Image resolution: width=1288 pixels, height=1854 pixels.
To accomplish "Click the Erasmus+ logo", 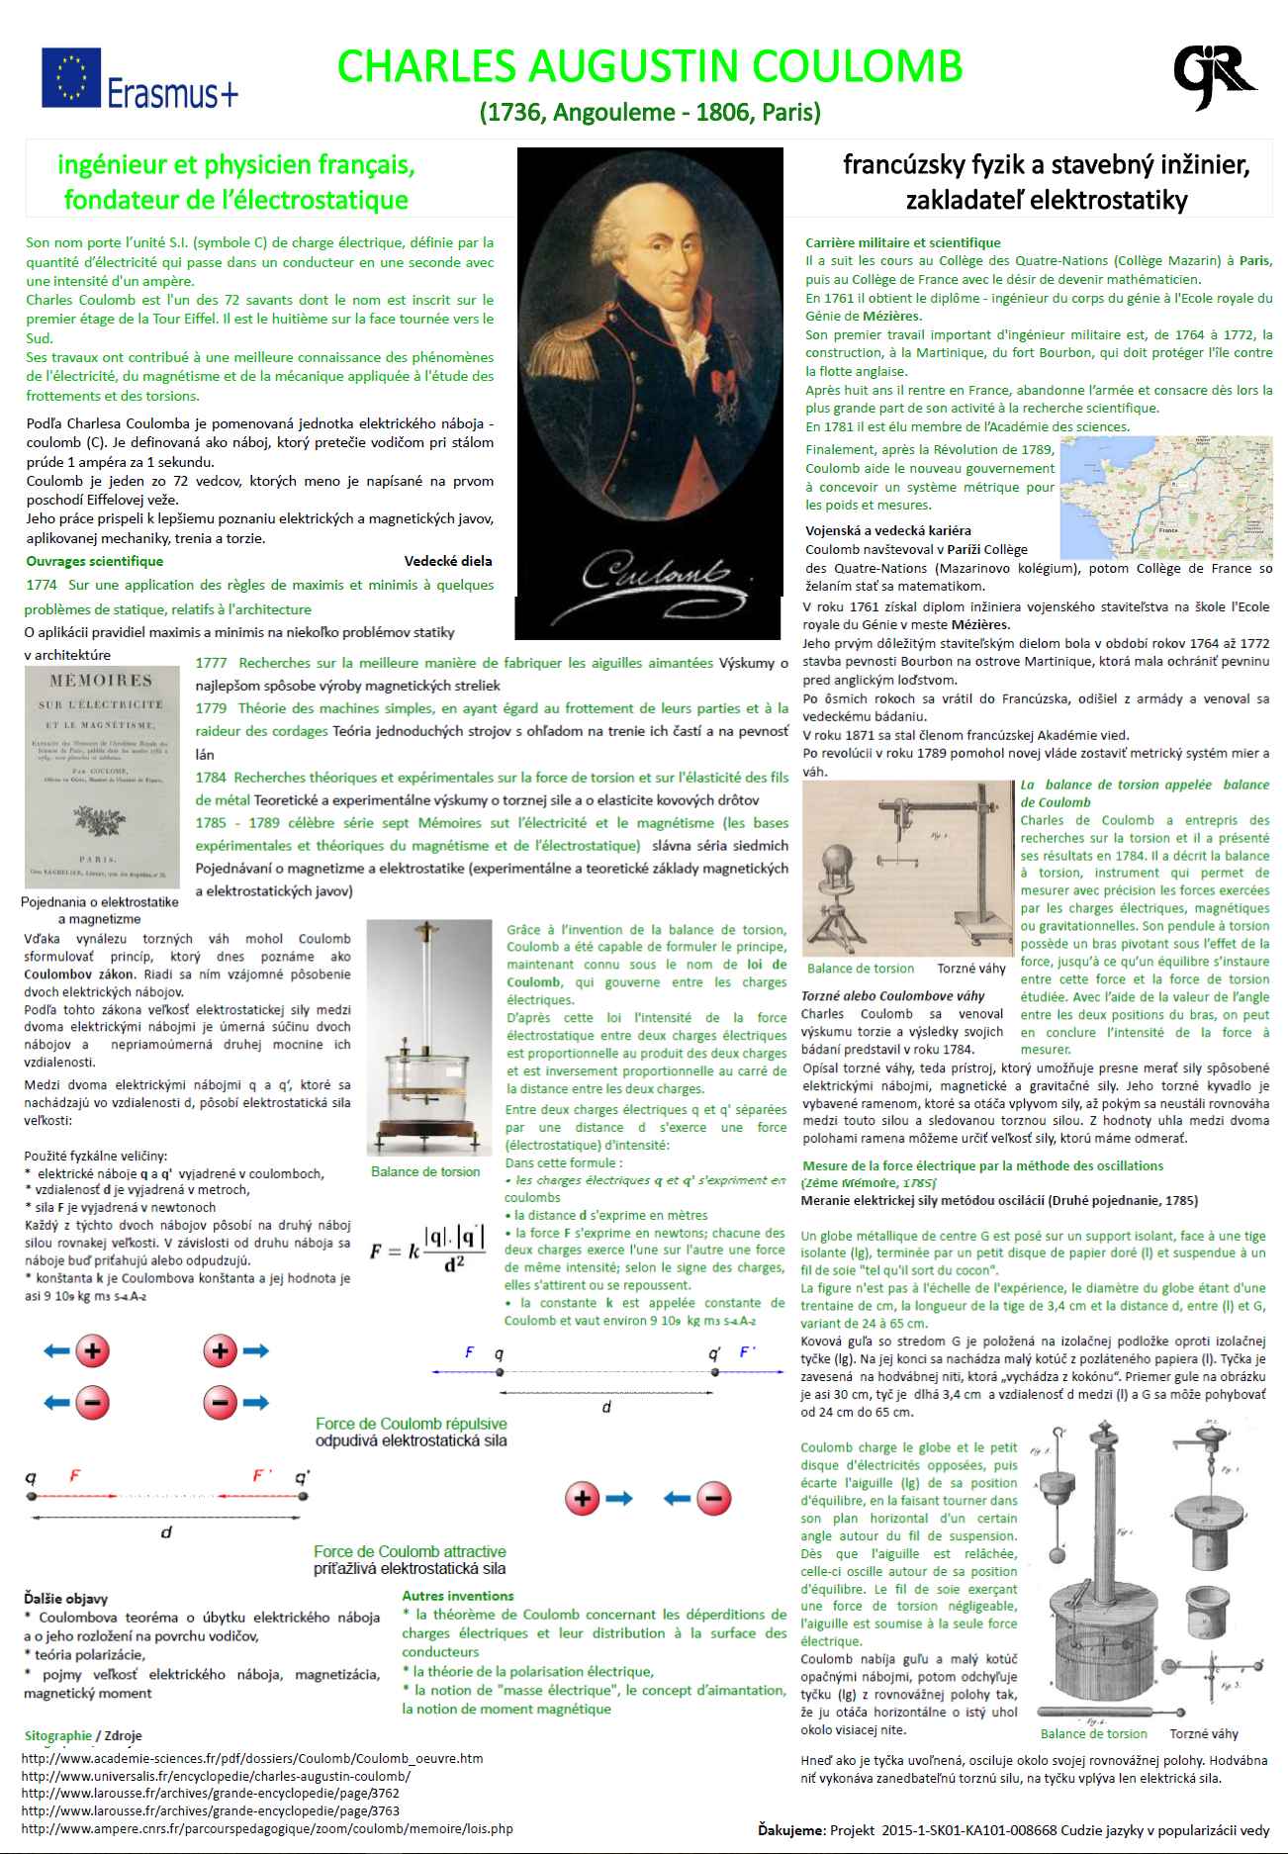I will click(x=139, y=79).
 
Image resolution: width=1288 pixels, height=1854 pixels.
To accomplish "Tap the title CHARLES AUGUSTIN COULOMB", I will click(x=650, y=66).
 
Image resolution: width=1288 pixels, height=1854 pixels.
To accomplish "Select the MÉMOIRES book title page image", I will click(x=102, y=777).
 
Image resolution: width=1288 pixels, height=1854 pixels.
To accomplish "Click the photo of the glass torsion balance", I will click(x=428, y=1038).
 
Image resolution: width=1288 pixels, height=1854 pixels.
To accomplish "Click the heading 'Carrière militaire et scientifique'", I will click(x=902, y=242).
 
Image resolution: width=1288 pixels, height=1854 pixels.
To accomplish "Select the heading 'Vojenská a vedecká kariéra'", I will click(x=887, y=530).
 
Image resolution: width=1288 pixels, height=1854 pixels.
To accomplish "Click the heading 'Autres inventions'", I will click(x=457, y=1596).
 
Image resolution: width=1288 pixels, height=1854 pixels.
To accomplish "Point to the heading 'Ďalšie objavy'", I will click(x=65, y=1598).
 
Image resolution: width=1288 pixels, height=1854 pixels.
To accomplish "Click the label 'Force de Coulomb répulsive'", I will click(x=411, y=1424).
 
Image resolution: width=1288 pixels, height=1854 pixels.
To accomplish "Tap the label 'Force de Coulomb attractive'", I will click(x=410, y=1551).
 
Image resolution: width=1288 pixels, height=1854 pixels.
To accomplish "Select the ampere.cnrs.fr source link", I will click(x=267, y=1828).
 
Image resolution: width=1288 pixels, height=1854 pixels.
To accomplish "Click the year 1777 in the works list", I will click(x=211, y=663).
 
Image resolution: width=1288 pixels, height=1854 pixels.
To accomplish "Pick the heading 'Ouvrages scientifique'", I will click(x=95, y=561).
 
